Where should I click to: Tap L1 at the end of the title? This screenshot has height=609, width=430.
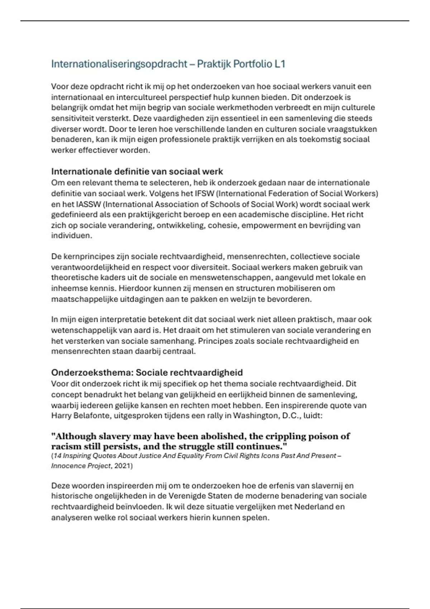(x=280, y=64)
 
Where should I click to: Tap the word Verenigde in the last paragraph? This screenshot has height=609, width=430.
(x=178, y=496)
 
